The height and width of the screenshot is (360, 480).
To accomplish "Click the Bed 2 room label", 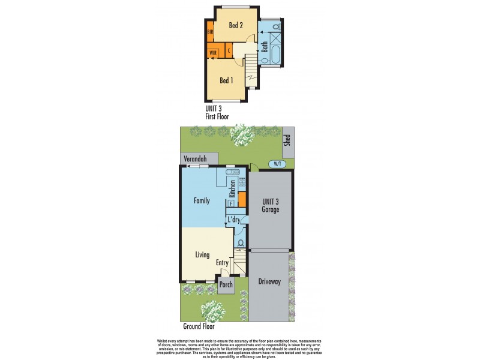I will pyautogui.click(x=235, y=25).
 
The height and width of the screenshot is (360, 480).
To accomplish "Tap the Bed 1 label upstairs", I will pyautogui.click(x=226, y=80).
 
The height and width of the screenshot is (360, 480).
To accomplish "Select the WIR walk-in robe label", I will pyautogui.click(x=213, y=53).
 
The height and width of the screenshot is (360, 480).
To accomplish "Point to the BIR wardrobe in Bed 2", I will pyautogui.click(x=211, y=32).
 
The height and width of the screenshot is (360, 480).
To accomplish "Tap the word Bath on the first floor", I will pyautogui.click(x=265, y=46).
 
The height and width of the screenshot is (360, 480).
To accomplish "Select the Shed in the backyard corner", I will pyautogui.click(x=288, y=140).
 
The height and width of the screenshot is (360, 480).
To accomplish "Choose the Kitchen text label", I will pyautogui.click(x=232, y=189).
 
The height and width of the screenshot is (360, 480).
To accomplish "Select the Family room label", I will pyautogui.click(x=202, y=200).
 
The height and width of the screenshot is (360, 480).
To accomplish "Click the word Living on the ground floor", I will pyautogui.click(x=202, y=254).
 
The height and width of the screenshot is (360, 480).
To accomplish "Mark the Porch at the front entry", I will pyautogui.click(x=226, y=285).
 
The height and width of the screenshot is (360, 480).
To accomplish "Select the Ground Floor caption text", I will pyautogui.click(x=199, y=327).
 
